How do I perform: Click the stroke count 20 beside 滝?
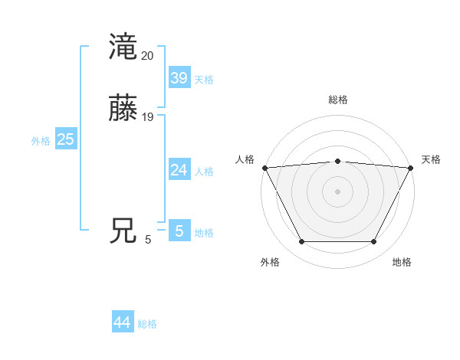coord(148,55)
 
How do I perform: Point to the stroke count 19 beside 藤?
coord(148,117)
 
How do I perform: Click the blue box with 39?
coord(179,78)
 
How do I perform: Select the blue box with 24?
coord(179,170)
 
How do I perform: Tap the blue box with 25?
coord(65,139)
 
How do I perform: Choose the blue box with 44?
coord(123,322)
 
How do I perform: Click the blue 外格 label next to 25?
coord(41,141)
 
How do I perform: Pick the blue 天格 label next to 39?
coord(204,80)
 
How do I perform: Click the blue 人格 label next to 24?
coord(204,172)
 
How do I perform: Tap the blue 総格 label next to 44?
coord(147,324)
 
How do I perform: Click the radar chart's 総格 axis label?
coord(337,100)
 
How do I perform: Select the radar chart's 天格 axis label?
coord(431,159)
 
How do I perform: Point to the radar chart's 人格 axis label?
coord(245,159)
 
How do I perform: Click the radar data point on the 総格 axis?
coord(337,161)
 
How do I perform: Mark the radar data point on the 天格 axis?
coord(411,168)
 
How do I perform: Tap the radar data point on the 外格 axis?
coord(301,242)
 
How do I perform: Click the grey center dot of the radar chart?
coord(337,191)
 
